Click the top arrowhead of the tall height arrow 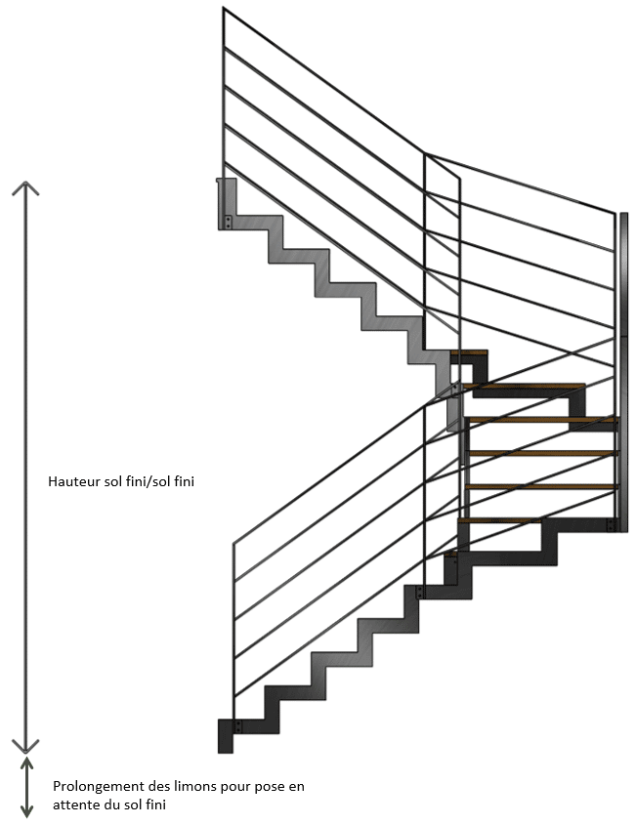(25, 187)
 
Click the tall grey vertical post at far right (623, 371)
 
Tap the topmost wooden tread (470, 352)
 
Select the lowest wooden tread (498, 520)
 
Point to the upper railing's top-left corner (224, 9)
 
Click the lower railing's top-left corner (233, 545)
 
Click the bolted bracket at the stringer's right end (612, 526)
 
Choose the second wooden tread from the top (524, 387)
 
